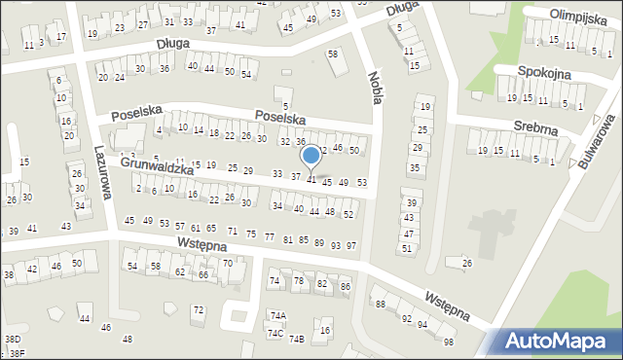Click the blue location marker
(x=311, y=157)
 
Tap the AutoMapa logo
(x=560, y=341)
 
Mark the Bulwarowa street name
(x=591, y=147)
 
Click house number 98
(x=448, y=342)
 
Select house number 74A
(x=278, y=315)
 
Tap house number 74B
(x=296, y=339)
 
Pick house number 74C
(x=275, y=334)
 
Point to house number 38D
(x=13, y=340)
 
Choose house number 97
(x=350, y=245)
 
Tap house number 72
(x=199, y=309)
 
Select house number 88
(x=380, y=304)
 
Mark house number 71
(x=232, y=231)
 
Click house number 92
(x=407, y=318)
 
